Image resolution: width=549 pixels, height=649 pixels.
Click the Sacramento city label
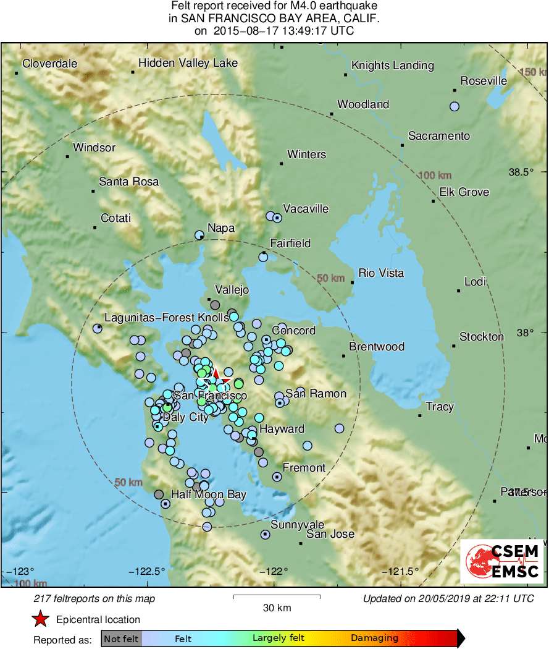tap(439, 136)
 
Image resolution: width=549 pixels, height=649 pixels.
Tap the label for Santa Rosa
tap(128, 182)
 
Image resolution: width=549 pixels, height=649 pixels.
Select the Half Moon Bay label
tap(209, 494)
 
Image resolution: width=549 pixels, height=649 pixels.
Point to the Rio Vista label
tap(381, 273)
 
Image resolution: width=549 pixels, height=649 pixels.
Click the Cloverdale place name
tap(49, 64)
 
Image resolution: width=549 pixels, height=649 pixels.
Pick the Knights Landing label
tap(392, 66)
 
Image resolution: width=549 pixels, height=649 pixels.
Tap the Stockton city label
tap(482, 337)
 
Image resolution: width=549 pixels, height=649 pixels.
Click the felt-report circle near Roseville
tap(455, 106)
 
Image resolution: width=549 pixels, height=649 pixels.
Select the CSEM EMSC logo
tap(502, 561)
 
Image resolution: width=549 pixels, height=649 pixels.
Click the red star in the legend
tap(41, 619)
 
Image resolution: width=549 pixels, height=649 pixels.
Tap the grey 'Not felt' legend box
tap(121, 638)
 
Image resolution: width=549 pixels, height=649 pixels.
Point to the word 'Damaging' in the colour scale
tap(374, 638)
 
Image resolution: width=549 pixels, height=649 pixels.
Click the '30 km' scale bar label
tap(277, 608)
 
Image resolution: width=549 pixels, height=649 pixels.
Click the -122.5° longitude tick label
tap(148, 571)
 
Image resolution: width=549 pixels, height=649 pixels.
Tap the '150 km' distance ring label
tap(533, 73)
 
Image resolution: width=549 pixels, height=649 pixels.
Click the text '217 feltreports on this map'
tap(94, 598)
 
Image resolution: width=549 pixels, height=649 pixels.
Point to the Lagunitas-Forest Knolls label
tap(167, 318)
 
